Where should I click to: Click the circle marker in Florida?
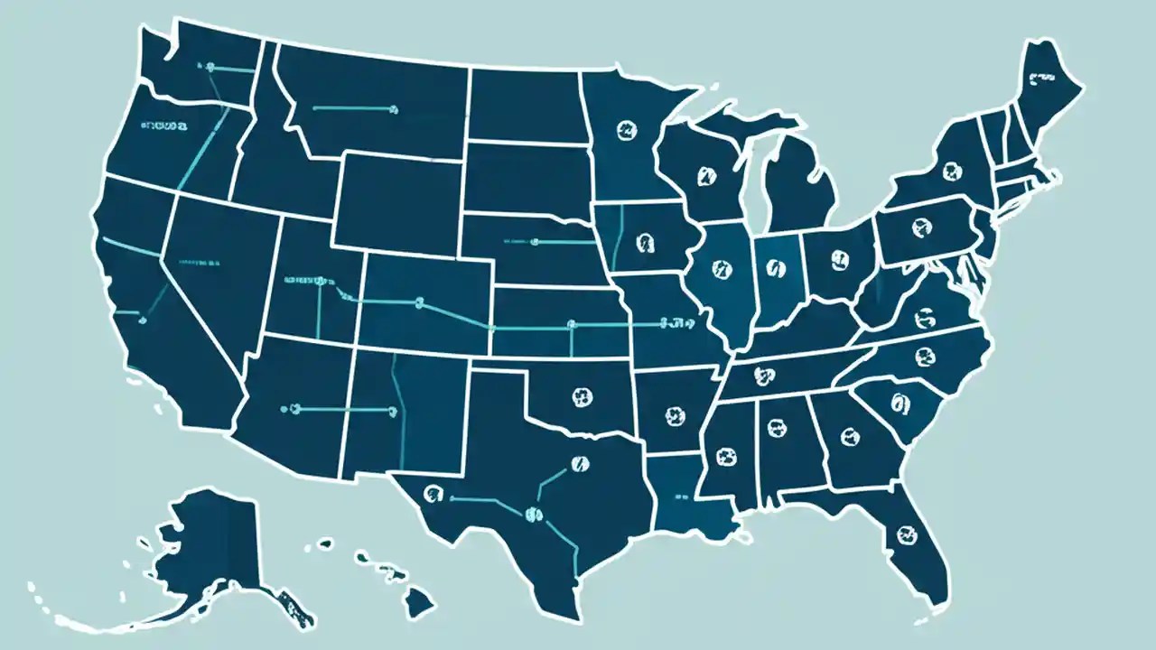pyautogui.click(x=903, y=534)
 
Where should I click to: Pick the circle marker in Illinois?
pyautogui.click(x=720, y=268)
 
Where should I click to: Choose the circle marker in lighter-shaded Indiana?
pyautogui.click(x=771, y=267)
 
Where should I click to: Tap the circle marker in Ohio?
pyautogui.click(x=839, y=261)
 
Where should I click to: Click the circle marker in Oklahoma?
pyautogui.click(x=579, y=395)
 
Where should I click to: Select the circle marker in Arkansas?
pyautogui.click(x=673, y=416)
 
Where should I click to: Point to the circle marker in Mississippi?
pyautogui.click(x=725, y=457)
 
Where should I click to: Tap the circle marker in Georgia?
pyautogui.click(x=850, y=436)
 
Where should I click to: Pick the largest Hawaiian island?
pyautogui.click(x=419, y=599)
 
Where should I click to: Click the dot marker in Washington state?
pyautogui.click(x=210, y=67)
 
